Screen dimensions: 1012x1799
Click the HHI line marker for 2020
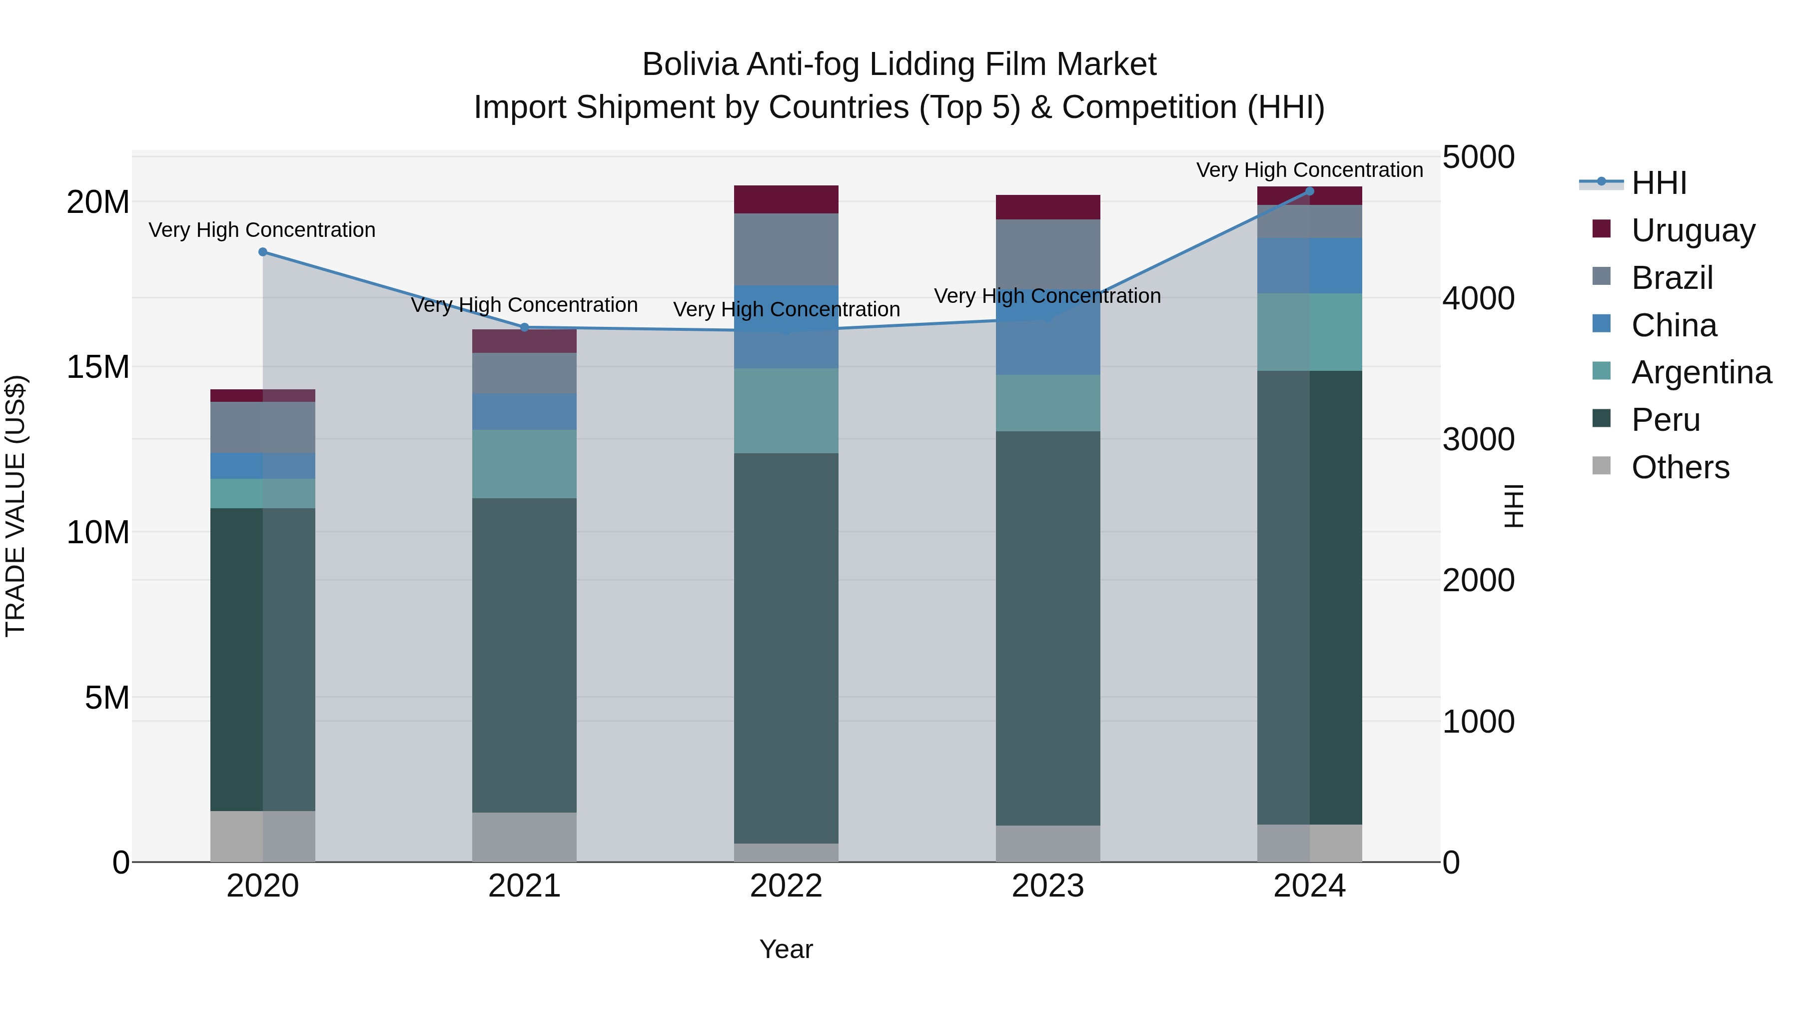click(262, 252)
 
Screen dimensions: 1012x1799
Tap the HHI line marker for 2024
click(1309, 191)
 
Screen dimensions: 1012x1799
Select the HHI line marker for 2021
click(525, 327)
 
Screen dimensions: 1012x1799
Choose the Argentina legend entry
click(1701, 372)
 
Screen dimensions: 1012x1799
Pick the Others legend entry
click(1680, 467)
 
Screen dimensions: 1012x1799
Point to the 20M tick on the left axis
click(98, 202)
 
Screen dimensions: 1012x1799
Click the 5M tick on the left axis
click(107, 698)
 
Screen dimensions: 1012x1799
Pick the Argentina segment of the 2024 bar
click(1309, 332)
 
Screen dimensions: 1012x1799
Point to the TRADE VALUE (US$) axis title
click(15, 506)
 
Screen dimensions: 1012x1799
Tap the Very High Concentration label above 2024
click(1309, 170)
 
